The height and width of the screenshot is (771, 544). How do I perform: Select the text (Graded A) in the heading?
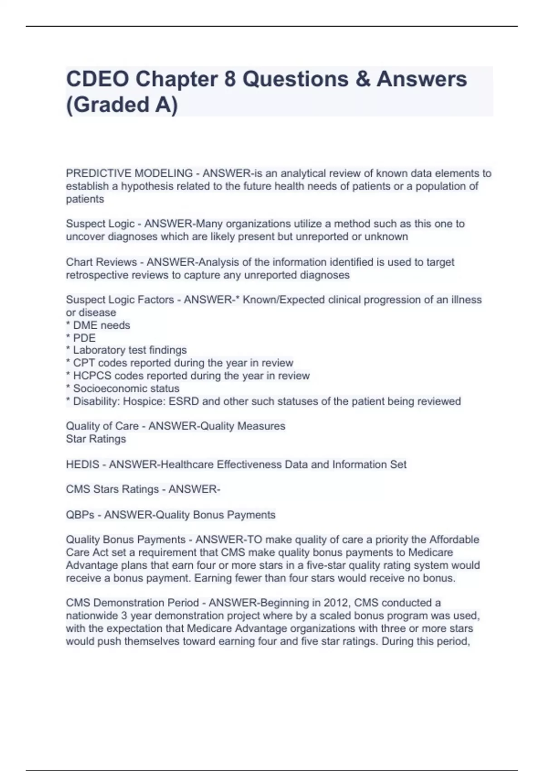(x=122, y=104)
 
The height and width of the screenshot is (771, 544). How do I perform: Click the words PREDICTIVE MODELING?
(x=129, y=173)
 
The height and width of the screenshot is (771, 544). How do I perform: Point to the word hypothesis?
(x=147, y=186)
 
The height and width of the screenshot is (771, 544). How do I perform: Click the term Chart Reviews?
(x=101, y=262)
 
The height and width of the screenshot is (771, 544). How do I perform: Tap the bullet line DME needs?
(x=101, y=325)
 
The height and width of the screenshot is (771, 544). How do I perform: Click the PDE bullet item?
(x=84, y=338)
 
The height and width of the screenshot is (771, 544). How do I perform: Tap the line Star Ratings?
(x=96, y=439)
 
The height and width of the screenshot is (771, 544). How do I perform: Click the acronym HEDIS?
(x=83, y=464)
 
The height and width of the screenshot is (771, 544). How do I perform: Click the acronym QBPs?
(x=80, y=515)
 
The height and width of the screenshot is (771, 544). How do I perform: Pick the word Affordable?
(x=454, y=540)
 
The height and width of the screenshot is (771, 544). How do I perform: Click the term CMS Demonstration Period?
(x=132, y=603)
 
